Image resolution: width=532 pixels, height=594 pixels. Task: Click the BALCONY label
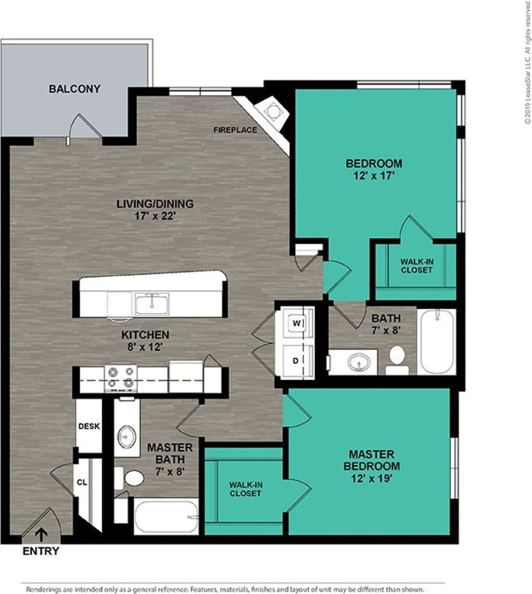tap(75, 89)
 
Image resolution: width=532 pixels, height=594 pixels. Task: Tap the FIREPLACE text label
tap(235, 130)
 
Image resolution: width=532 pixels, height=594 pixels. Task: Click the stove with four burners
tap(121, 378)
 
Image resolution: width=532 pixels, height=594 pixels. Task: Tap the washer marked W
tap(296, 324)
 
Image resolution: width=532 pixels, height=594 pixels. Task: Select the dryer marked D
tap(295, 361)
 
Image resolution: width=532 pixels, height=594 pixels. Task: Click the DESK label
tap(89, 426)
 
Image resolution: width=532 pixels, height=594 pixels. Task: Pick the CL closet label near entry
tap(82, 482)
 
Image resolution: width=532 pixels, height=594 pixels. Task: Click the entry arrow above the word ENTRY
tap(42, 535)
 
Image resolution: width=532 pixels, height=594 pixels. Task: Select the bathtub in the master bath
tap(166, 517)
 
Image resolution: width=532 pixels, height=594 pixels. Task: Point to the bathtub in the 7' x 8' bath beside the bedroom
tap(437, 341)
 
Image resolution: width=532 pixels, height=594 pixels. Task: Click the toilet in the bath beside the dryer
tap(397, 359)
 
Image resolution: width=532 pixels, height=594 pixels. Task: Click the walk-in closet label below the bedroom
tap(416, 266)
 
